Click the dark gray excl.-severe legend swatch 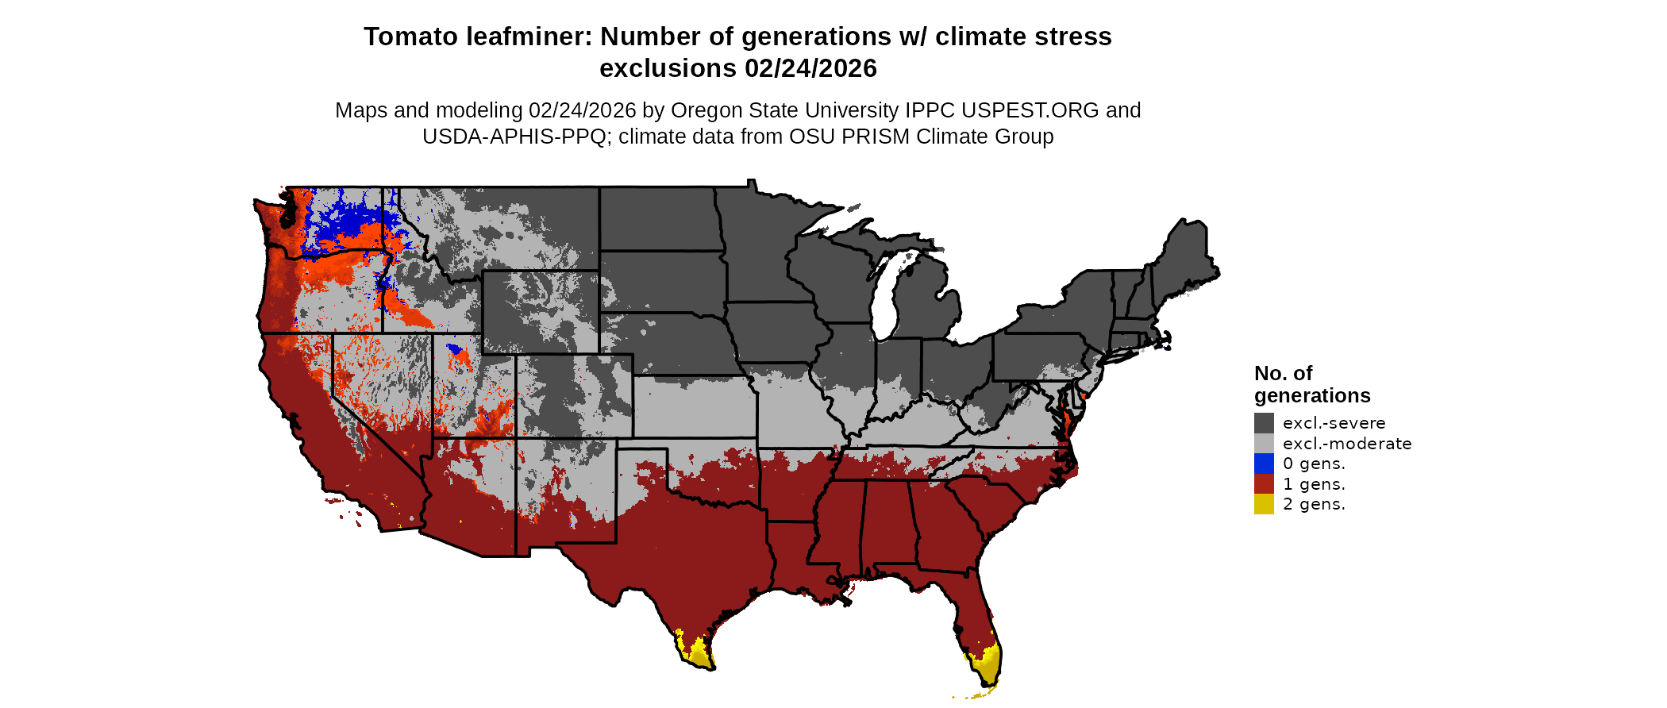pyautogui.click(x=1264, y=423)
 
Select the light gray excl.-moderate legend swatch pyautogui.click(x=1264, y=444)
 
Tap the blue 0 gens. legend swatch pyautogui.click(x=1264, y=464)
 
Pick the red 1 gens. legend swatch pyautogui.click(x=1264, y=484)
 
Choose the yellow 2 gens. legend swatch pyautogui.click(x=1264, y=504)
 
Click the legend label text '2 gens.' pyautogui.click(x=1314, y=504)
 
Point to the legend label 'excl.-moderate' pyautogui.click(x=1347, y=444)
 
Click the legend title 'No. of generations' pyautogui.click(x=1311, y=384)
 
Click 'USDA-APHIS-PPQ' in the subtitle pyautogui.click(x=514, y=137)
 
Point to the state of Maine pyautogui.click(x=1187, y=254)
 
